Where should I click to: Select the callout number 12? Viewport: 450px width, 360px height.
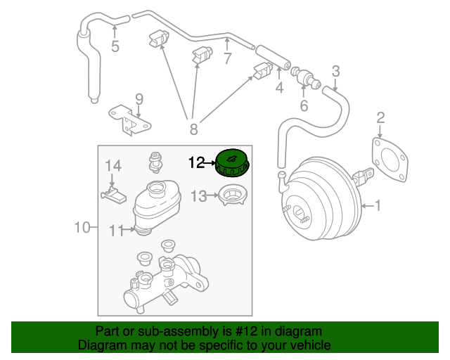click(x=198, y=163)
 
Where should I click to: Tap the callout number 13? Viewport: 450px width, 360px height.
click(x=199, y=196)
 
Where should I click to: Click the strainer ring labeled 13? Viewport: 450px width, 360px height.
click(x=233, y=195)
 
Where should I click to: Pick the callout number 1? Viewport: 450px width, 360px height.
click(x=378, y=206)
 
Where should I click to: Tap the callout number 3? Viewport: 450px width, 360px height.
click(x=335, y=70)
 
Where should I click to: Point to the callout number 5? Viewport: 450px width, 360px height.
click(x=115, y=46)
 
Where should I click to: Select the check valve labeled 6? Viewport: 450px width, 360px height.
click(x=304, y=75)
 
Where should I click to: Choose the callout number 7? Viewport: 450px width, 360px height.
click(x=227, y=59)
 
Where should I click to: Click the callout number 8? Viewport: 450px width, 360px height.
click(x=193, y=128)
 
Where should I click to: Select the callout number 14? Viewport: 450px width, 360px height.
click(x=113, y=166)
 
